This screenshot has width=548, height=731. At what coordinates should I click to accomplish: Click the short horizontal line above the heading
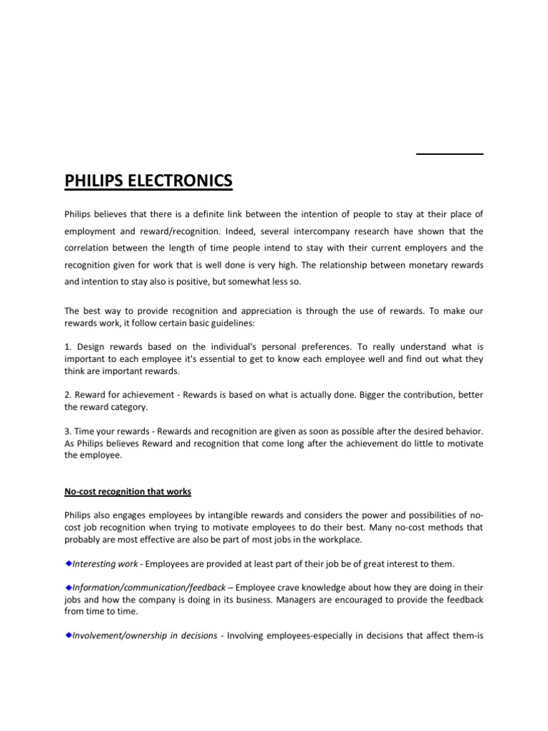(450, 153)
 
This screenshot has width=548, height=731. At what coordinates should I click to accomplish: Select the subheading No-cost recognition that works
(128, 492)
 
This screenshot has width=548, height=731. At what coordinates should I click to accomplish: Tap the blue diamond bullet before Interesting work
(68, 563)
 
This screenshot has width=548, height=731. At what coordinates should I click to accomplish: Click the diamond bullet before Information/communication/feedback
(68, 587)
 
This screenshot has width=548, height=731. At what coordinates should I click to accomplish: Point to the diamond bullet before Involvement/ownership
(68, 635)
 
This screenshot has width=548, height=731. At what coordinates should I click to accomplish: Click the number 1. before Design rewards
(68, 347)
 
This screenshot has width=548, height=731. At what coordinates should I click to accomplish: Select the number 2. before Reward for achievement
(68, 395)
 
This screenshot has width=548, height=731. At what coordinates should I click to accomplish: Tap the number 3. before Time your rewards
(68, 431)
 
